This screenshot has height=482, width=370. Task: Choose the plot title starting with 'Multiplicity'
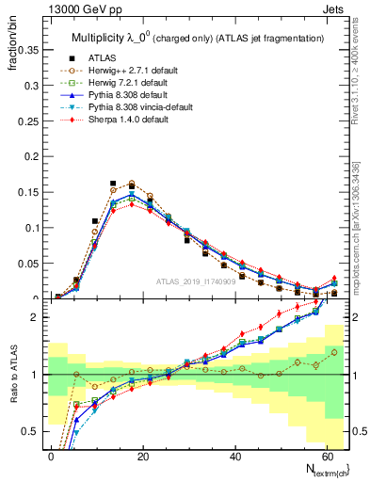(198, 37)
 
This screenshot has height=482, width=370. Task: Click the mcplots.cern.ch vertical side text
(359, 217)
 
